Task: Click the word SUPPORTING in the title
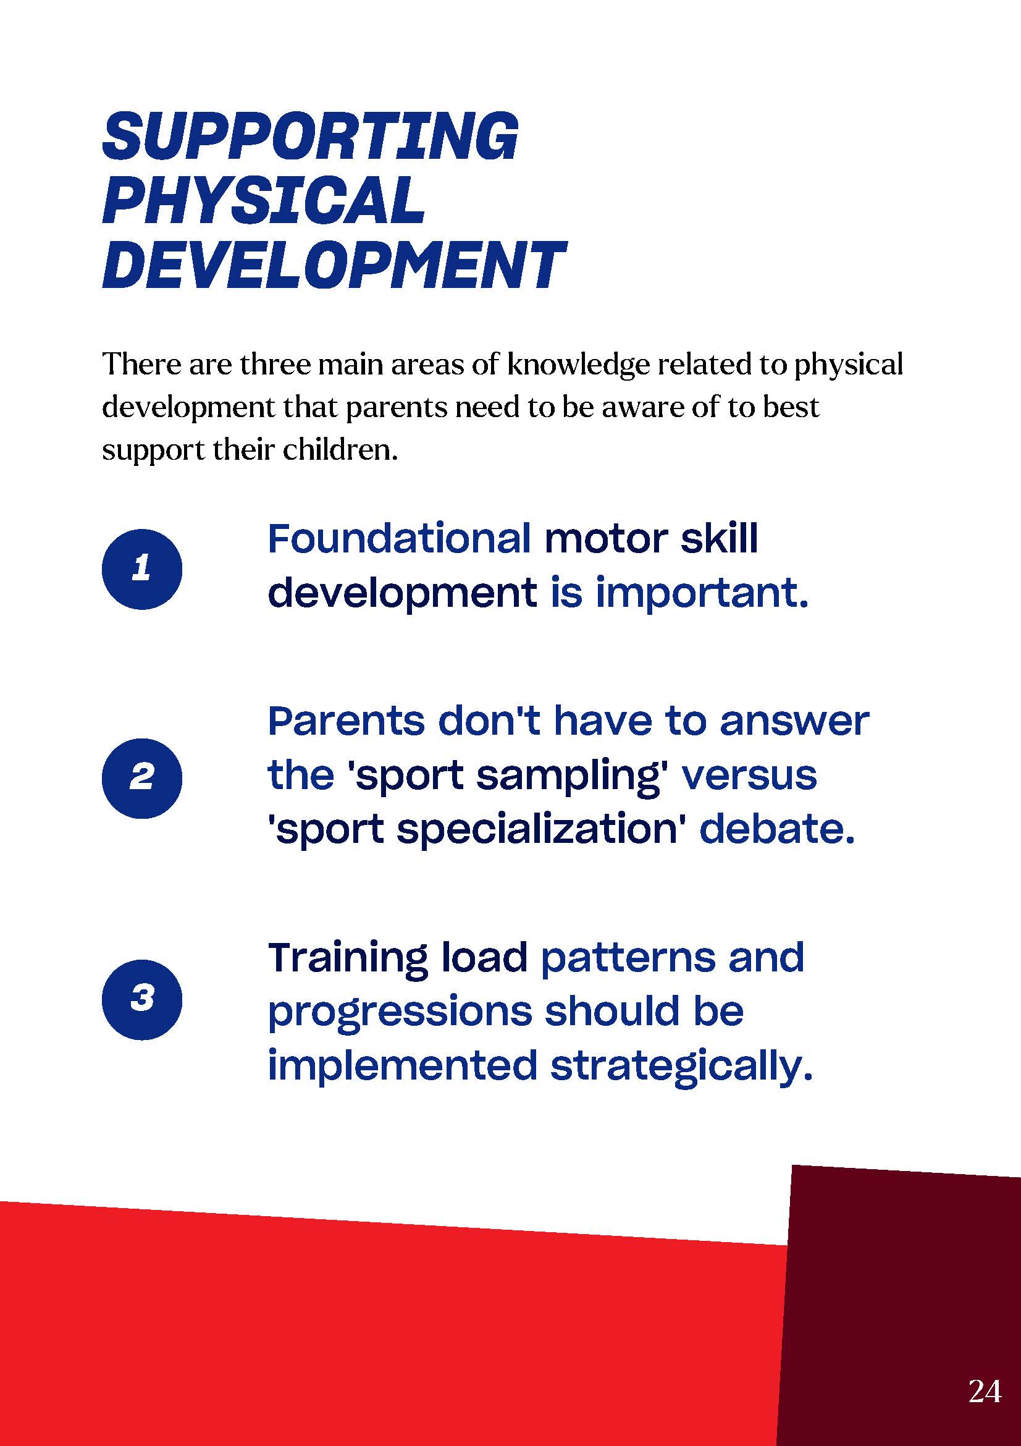click(x=310, y=136)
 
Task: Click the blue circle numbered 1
click(x=142, y=569)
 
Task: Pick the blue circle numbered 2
click(x=142, y=778)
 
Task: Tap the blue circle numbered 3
click(x=142, y=999)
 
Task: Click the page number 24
click(x=985, y=1391)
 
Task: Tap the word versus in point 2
click(x=749, y=776)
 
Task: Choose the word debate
click(x=778, y=829)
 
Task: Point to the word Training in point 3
click(x=348, y=958)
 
